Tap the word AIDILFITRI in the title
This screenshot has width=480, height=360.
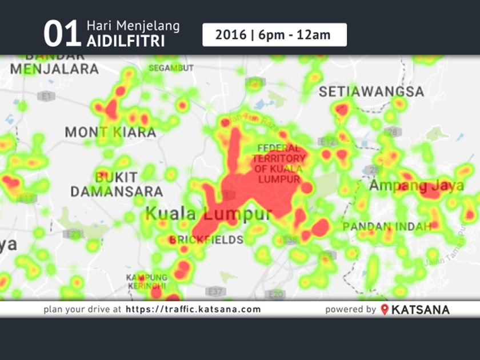[x=125, y=42]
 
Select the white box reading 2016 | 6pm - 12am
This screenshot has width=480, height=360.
[x=274, y=35]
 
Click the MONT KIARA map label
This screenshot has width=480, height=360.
[x=110, y=133]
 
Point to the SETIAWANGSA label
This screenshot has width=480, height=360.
[x=371, y=91]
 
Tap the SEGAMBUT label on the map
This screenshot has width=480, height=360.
[x=171, y=68]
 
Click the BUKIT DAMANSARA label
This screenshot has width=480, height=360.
[x=117, y=184]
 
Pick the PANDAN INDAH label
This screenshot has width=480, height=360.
[x=386, y=227]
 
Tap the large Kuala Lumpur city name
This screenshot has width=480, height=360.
[x=209, y=214]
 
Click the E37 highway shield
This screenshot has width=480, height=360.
[x=215, y=292]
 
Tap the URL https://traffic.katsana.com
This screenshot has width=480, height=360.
[x=193, y=309]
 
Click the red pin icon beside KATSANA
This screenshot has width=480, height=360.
[x=385, y=309]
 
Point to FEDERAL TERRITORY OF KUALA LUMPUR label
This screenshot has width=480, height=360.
[x=278, y=163]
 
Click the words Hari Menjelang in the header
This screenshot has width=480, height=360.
[x=133, y=26]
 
